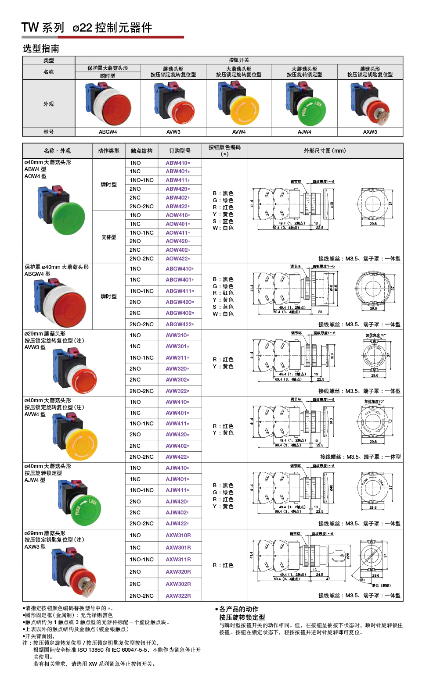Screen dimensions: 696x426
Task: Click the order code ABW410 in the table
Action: coord(177,163)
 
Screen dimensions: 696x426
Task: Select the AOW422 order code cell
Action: coord(177,259)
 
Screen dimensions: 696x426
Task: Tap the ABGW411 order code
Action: coord(179,291)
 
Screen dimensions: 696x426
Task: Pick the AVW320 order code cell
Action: coord(177,369)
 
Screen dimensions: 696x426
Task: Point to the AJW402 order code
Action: coord(177,513)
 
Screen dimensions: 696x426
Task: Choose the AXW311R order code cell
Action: coord(178,560)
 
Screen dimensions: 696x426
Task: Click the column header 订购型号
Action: coord(180,151)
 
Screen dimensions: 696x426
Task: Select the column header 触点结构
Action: coord(141,151)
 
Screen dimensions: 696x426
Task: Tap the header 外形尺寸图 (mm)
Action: coord(325,151)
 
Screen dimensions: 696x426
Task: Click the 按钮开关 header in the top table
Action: coord(238,60)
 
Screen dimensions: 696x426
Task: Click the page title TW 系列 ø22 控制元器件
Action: coord(87,28)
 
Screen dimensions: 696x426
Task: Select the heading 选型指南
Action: coord(41,49)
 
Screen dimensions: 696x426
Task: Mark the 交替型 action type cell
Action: coord(108,237)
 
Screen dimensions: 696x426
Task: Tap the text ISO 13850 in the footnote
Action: coord(90,650)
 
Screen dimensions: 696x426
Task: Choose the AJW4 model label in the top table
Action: coord(304,132)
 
